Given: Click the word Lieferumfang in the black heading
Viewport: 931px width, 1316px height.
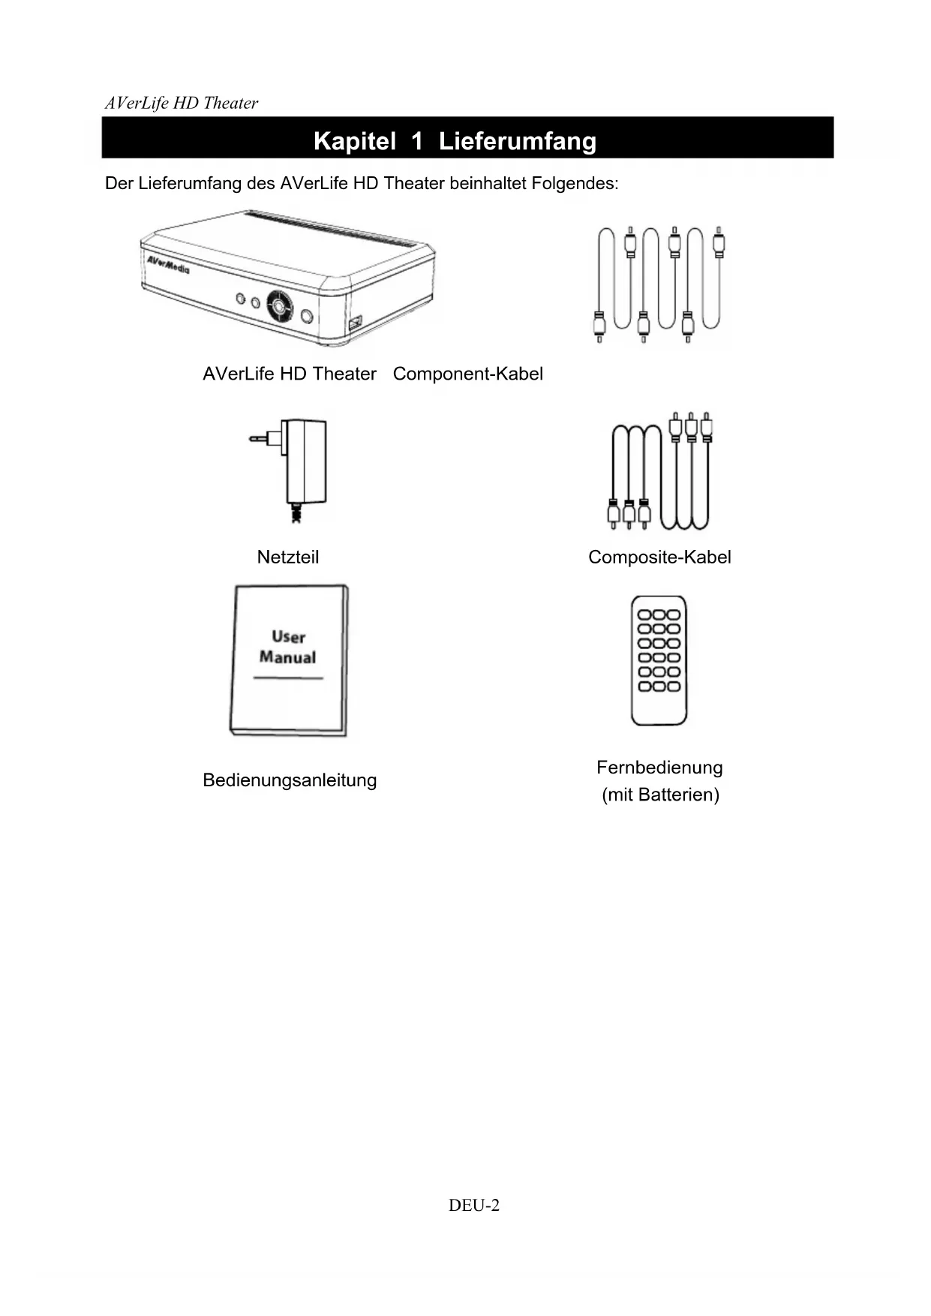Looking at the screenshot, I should point(517,141).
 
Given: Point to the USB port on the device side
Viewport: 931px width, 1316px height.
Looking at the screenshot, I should point(354,323).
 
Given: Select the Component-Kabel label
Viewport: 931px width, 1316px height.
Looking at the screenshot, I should point(467,374).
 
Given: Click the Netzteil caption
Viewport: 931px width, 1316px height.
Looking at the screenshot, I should point(287,557).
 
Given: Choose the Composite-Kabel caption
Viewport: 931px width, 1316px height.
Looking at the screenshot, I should point(659,557).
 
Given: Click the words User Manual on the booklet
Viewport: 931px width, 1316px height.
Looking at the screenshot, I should point(287,647).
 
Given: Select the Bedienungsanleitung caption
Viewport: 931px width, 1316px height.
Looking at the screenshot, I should point(290,780).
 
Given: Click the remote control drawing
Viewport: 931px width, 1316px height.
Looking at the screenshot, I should point(659,660).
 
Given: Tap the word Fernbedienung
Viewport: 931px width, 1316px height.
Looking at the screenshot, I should point(659,768).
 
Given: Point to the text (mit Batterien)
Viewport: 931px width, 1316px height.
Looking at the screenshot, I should point(660,795).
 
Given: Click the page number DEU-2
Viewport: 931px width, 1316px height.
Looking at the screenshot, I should point(473,1206).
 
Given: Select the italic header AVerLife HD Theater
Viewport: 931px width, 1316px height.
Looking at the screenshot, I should point(182,104).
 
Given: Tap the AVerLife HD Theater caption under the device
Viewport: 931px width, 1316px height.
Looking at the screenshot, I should point(290,374).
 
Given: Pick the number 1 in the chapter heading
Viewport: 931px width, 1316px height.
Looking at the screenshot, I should point(417,141).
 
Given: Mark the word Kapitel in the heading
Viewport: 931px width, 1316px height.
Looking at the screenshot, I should point(354,141).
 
